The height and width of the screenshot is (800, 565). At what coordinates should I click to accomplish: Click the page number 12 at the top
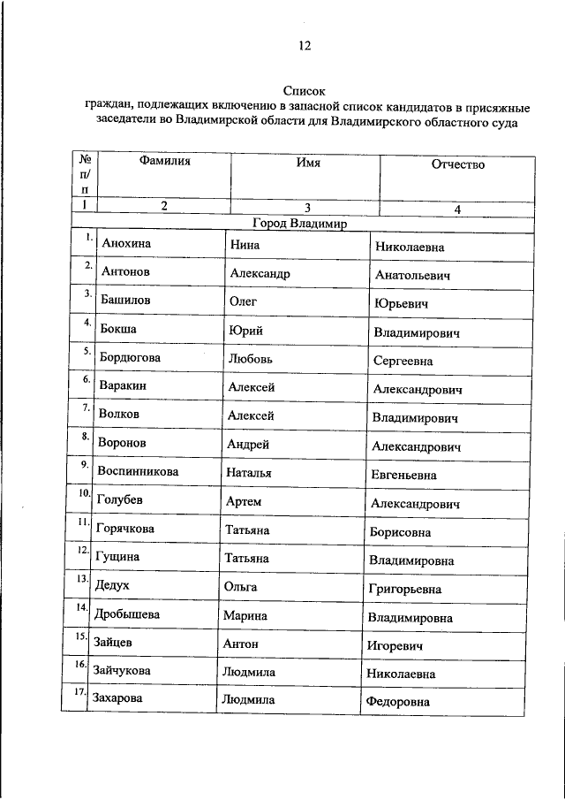coord(304,46)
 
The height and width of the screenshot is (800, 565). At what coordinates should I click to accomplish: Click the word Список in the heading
coord(305,90)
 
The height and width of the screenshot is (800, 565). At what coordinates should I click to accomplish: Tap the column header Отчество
coord(457,164)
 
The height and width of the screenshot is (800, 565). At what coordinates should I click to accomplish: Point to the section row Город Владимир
coord(301,224)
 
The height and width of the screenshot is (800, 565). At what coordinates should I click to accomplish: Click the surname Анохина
coord(126,243)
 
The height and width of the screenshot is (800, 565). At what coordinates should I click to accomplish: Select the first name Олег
coord(243,301)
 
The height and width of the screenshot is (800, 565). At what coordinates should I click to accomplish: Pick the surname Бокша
coord(121,330)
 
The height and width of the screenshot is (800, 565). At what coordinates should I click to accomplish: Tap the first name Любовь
coord(251,360)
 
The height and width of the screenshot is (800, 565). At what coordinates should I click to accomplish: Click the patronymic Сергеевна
coord(415,362)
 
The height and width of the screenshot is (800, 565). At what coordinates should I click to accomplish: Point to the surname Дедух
coord(112,585)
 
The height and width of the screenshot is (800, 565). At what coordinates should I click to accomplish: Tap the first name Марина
coord(246,615)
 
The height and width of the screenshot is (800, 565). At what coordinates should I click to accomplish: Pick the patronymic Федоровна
coord(396,703)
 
